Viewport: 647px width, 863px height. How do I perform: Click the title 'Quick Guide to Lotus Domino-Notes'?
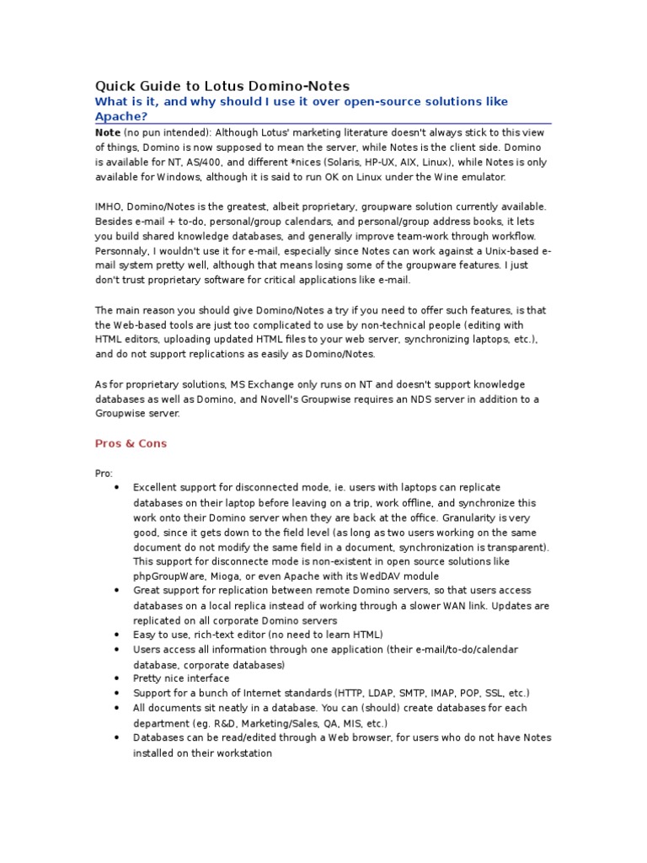[222, 86]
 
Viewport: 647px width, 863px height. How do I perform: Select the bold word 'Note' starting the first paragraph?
[107, 132]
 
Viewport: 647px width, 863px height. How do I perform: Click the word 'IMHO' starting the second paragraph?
[108, 206]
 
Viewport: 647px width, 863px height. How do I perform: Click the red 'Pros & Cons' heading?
[131, 443]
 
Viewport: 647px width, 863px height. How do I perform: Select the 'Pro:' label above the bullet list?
[104, 473]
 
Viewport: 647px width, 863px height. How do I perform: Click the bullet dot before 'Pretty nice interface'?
[115, 678]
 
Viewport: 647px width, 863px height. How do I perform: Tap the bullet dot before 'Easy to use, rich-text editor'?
[115, 634]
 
